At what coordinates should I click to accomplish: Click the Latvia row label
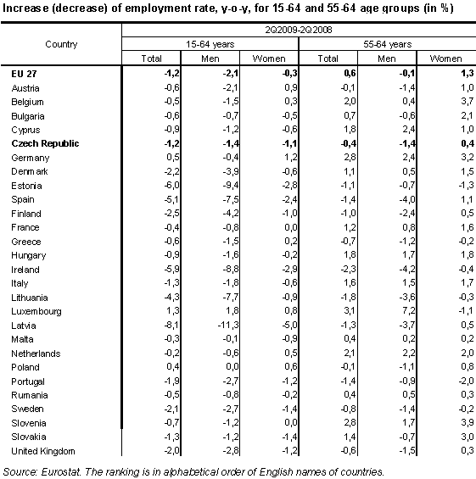click(24, 326)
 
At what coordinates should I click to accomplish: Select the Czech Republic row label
click(46, 143)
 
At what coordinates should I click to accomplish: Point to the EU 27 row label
click(24, 74)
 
